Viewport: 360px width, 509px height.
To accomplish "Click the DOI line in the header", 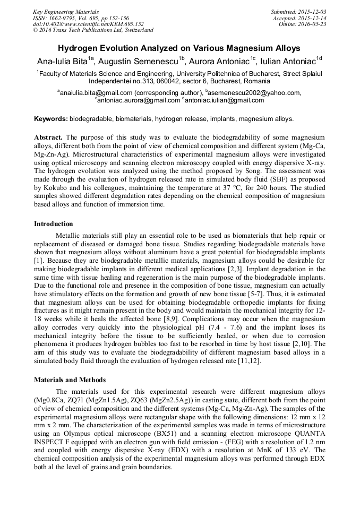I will [x=88, y=24].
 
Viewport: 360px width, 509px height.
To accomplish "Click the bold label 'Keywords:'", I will [x=51, y=119].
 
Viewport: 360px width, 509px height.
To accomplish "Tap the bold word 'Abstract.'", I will [x=49, y=136].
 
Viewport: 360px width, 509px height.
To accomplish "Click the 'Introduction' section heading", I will [x=54, y=223].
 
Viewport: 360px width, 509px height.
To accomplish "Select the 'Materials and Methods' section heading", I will [x=70, y=379].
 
